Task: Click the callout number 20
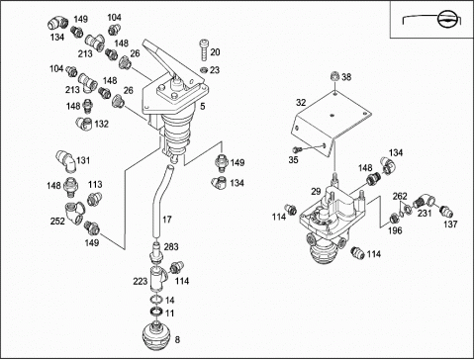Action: point(215,52)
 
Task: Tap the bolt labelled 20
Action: point(203,49)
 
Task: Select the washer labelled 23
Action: point(204,70)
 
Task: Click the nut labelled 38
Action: point(334,76)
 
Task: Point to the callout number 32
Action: point(301,103)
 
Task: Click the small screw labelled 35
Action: point(298,149)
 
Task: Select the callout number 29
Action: point(316,191)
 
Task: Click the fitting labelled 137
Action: point(446,211)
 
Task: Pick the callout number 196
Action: point(395,230)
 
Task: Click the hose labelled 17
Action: point(160,200)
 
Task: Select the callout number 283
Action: point(171,246)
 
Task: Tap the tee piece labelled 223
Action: point(158,278)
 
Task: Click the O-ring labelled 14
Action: point(156,300)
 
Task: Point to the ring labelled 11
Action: point(156,311)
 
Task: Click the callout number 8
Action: point(177,339)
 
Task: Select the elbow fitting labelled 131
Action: point(66,161)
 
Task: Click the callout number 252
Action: point(57,221)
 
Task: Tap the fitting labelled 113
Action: point(94,200)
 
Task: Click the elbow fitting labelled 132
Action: point(84,124)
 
